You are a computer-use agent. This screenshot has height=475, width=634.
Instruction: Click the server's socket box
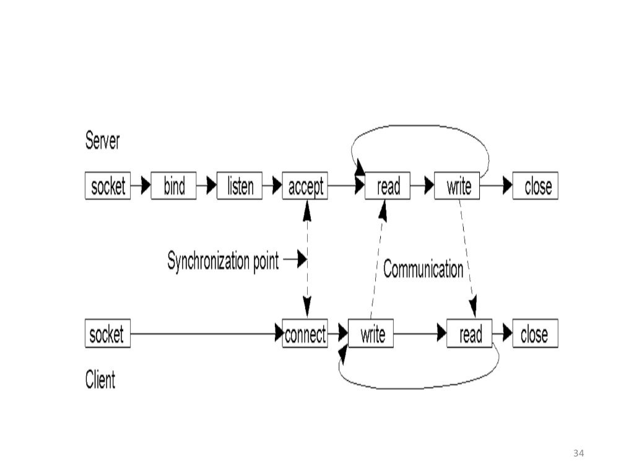108,186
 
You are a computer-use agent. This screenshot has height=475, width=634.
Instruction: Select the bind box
173,186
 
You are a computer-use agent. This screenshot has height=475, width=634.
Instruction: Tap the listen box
240,186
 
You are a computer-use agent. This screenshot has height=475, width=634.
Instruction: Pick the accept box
305,186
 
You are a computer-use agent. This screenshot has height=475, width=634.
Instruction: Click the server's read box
388,186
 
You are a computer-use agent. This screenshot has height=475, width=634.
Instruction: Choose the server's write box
458,186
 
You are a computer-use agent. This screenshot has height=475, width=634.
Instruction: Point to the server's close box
536,186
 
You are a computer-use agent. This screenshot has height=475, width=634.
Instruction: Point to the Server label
102,142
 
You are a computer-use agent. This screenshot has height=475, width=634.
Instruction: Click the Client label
100,379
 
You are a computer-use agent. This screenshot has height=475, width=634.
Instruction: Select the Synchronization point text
223,260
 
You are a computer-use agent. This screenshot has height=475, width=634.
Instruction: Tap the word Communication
423,269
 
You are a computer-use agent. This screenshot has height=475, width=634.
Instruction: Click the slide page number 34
579,453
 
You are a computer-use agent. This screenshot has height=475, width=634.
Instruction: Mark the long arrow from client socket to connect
204,334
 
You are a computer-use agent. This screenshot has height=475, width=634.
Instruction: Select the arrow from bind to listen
207,186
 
